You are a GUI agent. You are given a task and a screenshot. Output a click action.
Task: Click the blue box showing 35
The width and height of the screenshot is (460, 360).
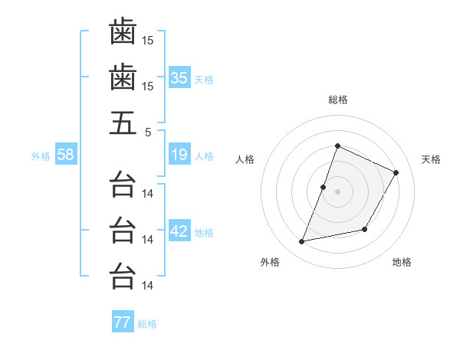179,78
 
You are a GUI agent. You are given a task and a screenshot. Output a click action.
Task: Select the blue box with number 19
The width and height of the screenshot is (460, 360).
179,155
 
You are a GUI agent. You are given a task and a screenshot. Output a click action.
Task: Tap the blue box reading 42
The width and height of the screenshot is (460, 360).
179,232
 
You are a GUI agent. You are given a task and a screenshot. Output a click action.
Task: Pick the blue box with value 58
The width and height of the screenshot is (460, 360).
66,155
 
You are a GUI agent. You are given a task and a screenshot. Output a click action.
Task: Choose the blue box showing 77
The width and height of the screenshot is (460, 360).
123,322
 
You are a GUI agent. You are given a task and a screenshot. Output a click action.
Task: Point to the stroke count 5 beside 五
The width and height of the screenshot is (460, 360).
148,131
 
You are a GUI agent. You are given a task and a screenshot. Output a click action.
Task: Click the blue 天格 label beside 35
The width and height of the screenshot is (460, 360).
204,80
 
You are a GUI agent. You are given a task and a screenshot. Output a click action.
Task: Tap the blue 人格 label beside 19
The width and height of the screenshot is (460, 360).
204,156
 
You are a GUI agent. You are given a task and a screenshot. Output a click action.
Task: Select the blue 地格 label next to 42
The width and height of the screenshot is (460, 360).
204,233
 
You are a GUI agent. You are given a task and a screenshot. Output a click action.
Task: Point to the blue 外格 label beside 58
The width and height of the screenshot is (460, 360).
41,156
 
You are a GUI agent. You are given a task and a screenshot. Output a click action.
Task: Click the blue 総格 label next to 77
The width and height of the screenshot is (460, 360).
147,324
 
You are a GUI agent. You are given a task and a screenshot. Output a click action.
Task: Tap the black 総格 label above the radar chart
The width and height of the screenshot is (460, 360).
337,100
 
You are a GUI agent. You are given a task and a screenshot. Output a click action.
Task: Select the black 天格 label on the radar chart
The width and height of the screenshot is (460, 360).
432,159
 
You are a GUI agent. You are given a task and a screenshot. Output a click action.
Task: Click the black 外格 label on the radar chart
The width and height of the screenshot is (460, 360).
270,262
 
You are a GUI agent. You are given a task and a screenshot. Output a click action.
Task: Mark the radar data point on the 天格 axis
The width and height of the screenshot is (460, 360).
396,173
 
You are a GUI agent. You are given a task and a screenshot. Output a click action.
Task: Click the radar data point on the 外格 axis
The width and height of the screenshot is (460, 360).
302,242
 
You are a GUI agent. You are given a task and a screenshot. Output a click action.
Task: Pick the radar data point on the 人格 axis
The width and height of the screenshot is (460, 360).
324,187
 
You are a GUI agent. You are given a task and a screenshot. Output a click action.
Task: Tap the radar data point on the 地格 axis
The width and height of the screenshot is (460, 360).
365,229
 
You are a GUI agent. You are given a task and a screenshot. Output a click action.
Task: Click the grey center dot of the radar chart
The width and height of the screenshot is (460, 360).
337,191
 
